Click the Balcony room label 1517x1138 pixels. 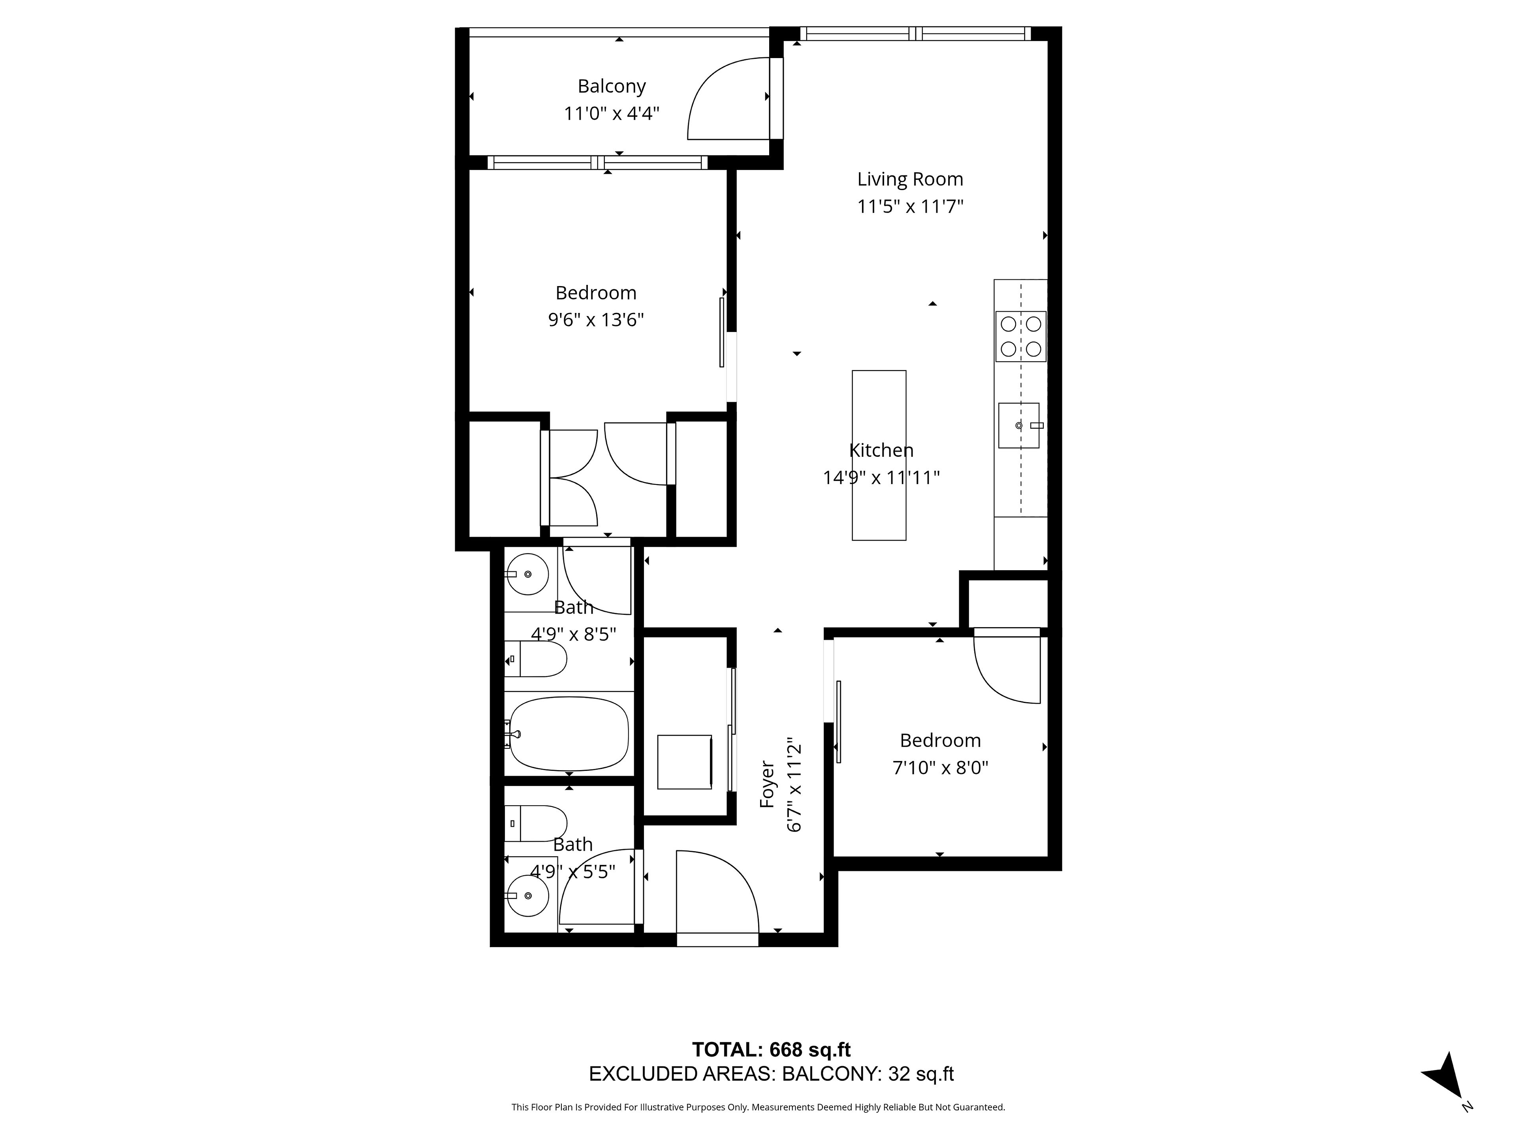[612, 87]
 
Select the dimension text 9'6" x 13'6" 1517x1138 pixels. [596, 320]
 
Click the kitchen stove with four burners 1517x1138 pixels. [1020, 336]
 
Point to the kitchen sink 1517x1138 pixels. [1018, 425]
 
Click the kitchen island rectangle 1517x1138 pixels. [879, 456]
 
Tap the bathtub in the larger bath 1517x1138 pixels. [568, 734]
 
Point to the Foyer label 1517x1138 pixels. [768, 784]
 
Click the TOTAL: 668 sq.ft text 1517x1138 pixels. [772, 1049]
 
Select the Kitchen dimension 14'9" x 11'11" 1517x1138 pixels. [881, 477]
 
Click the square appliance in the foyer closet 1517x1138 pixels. [685, 762]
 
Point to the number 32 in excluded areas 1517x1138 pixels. [899, 1074]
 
